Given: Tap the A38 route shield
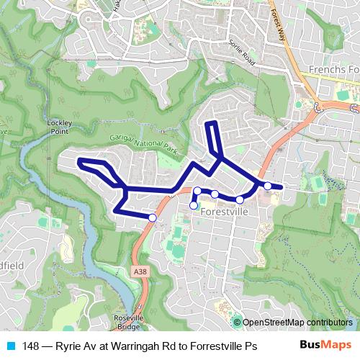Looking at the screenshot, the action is click(140, 271).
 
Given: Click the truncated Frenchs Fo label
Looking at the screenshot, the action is click(333, 70).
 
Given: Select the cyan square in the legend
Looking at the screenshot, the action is click(10, 346).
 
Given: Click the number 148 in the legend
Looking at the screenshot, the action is click(32, 346).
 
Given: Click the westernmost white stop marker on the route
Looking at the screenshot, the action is click(153, 217).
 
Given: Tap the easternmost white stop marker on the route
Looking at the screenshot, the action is click(268, 186).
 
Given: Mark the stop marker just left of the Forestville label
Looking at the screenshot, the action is click(193, 206).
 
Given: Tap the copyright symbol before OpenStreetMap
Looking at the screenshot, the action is click(237, 323).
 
